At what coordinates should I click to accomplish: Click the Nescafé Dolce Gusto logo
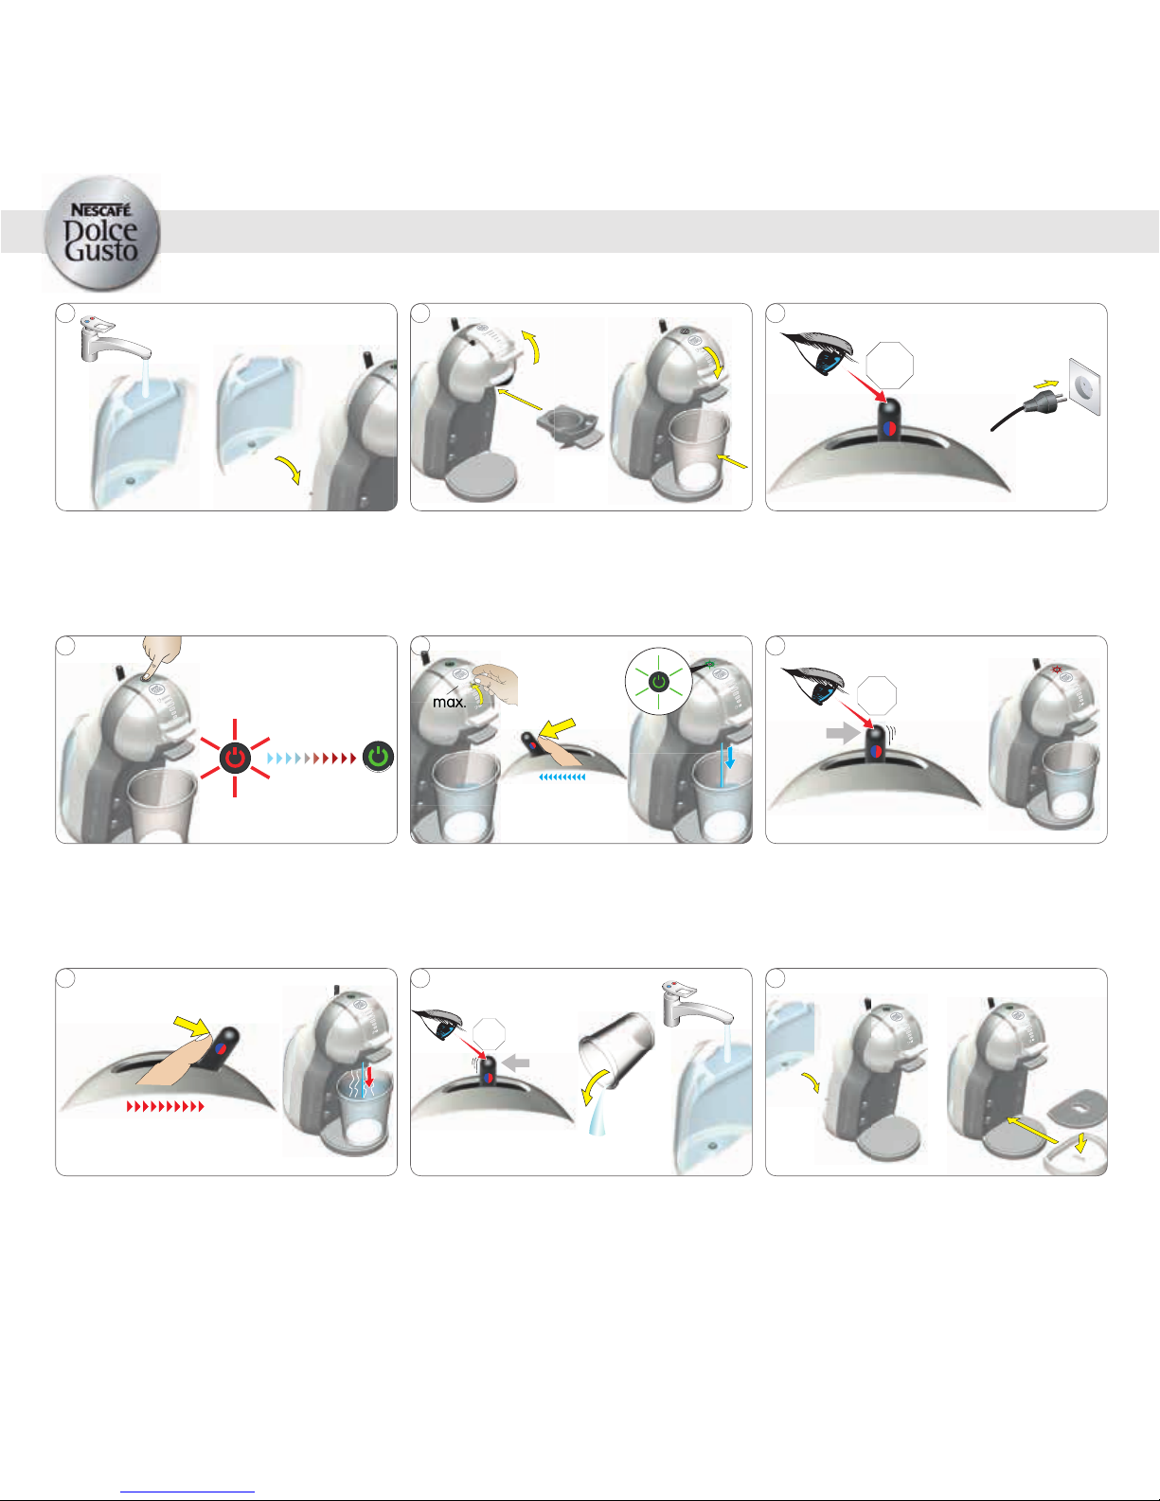pyautogui.click(x=101, y=234)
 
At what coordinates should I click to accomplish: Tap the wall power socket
pyautogui.click(x=1084, y=386)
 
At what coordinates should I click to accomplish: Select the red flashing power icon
pyautogui.click(x=235, y=758)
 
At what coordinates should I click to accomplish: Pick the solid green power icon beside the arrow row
pyautogui.click(x=379, y=757)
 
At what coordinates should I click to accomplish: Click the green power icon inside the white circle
pyautogui.click(x=659, y=683)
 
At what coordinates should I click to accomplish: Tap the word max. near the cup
pyautogui.click(x=449, y=703)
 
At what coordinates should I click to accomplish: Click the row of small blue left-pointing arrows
pyautogui.click(x=562, y=777)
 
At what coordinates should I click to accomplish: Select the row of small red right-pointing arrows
pyautogui.click(x=166, y=1107)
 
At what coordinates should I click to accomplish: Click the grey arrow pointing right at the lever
pyautogui.click(x=844, y=733)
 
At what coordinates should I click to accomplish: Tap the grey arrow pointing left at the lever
pyautogui.click(x=516, y=1063)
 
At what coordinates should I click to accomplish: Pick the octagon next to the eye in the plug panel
pyautogui.click(x=890, y=366)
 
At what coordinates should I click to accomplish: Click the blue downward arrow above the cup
pyautogui.click(x=730, y=758)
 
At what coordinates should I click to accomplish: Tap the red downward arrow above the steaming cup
pyautogui.click(x=369, y=1076)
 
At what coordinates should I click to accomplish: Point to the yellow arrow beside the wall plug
pyautogui.click(x=1046, y=384)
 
